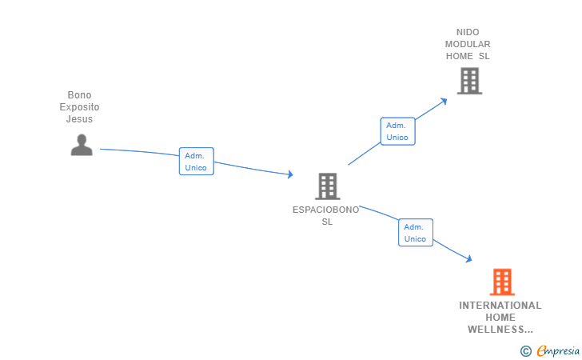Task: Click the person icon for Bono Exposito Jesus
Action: (82, 145)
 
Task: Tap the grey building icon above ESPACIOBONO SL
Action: (328, 186)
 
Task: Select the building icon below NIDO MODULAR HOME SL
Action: (469, 81)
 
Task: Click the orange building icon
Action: (502, 282)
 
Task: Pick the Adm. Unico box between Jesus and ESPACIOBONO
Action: (197, 162)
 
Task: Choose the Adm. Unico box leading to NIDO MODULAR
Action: (397, 131)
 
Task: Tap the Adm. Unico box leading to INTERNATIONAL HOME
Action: (416, 233)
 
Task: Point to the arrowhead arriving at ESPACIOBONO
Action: (290, 174)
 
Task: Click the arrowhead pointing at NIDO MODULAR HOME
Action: (443, 102)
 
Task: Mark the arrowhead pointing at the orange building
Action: (468, 259)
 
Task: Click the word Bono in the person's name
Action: (79, 95)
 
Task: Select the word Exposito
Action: (79, 107)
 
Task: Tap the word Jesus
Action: (79, 119)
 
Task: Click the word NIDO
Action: (468, 32)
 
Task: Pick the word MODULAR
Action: (468, 44)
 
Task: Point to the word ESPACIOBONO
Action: (326, 210)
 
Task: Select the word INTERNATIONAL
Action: (500, 306)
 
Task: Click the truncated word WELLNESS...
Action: (500, 330)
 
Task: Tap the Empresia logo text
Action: (558, 350)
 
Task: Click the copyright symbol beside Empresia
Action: (526, 351)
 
